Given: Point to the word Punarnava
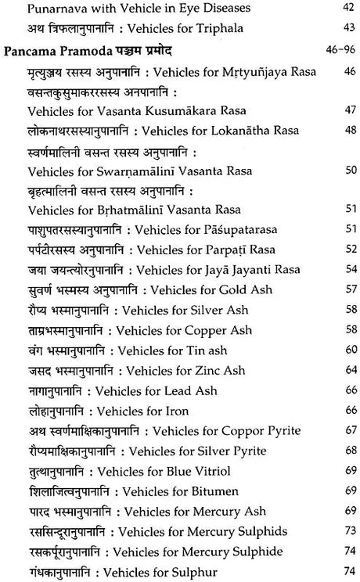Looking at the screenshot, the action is (54, 9).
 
